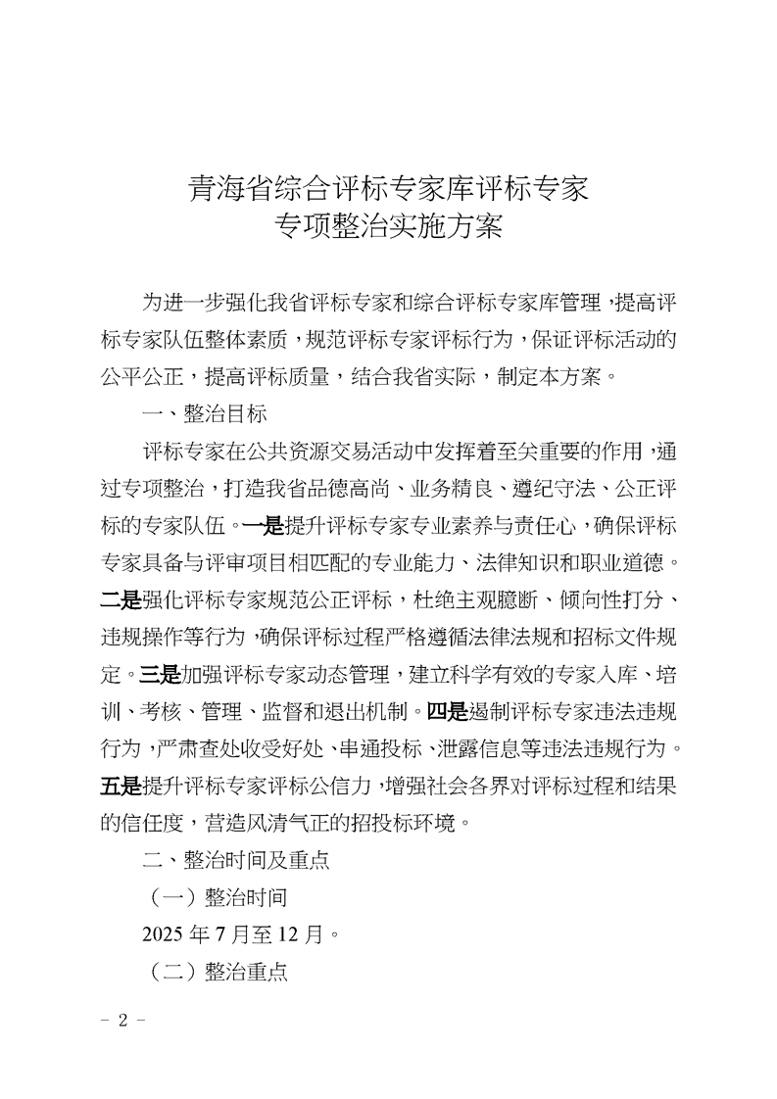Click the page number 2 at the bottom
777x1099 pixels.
click(x=123, y=1019)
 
